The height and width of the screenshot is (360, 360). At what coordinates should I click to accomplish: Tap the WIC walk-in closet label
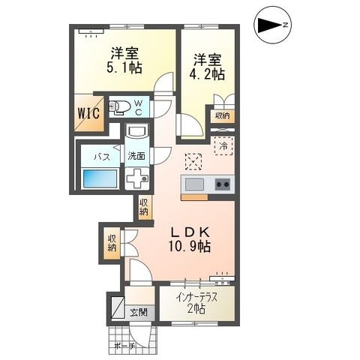pyautogui.click(x=88, y=113)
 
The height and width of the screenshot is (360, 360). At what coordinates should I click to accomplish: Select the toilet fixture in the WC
pyautogui.click(x=119, y=107)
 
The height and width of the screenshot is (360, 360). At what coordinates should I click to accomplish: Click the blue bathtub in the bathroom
pyautogui.click(x=100, y=178)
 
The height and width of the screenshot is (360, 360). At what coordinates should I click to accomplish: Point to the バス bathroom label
pyautogui.click(x=102, y=157)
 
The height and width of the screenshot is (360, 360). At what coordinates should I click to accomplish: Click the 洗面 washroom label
pyautogui.click(x=136, y=156)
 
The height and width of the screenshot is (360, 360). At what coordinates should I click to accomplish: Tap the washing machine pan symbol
pyautogui.click(x=136, y=178)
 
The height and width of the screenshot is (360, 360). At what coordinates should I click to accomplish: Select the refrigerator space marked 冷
pyautogui.click(x=223, y=145)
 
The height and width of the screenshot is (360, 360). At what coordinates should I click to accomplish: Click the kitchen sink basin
pyautogui.click(x=194, y=184)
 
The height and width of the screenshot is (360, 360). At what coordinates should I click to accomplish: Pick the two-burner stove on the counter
pyautogui.click(x=223, y=184)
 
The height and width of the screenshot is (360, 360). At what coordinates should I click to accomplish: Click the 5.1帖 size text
pyautogui.click(x=124, y=67)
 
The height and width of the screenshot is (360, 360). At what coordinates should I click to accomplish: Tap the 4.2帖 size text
pyautogui.click(x=207, y=73)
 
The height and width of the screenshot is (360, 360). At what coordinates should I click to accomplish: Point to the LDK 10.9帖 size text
pyautogui.click(x=189, y=247)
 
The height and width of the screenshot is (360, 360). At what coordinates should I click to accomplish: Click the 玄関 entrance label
pyautogui.click(x=139, y=312)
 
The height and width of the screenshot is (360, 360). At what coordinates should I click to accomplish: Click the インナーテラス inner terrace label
pyautogui.click(x=196, y=298)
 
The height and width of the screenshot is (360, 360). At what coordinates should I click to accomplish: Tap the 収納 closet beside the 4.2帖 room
pyautogui.click(x=223, y=116)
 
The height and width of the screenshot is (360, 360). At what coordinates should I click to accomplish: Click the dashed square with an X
pyautogui.click(x=193, y=162)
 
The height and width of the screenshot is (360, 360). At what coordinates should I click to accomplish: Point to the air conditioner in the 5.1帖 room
pyautogui.click(x=91, y=31)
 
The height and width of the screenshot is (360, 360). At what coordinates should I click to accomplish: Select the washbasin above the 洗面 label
pyautogui.click(x=137, y=131)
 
